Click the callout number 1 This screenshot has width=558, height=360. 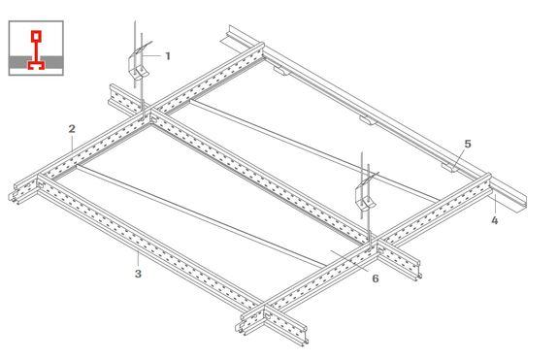168,56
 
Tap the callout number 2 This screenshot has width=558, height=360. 72,129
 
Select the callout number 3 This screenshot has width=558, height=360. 138,274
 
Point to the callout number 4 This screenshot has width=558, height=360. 495,220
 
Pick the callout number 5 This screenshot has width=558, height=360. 468,144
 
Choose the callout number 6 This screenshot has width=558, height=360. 376,278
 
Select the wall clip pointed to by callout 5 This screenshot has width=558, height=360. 448,167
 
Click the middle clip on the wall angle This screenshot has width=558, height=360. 368,120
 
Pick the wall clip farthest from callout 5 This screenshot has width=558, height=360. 282,72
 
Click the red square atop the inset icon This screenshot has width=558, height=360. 36,36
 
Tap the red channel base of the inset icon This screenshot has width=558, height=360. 36,65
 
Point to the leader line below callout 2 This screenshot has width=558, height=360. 72,144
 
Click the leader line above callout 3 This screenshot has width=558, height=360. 138,259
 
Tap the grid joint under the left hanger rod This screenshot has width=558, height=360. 147,115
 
